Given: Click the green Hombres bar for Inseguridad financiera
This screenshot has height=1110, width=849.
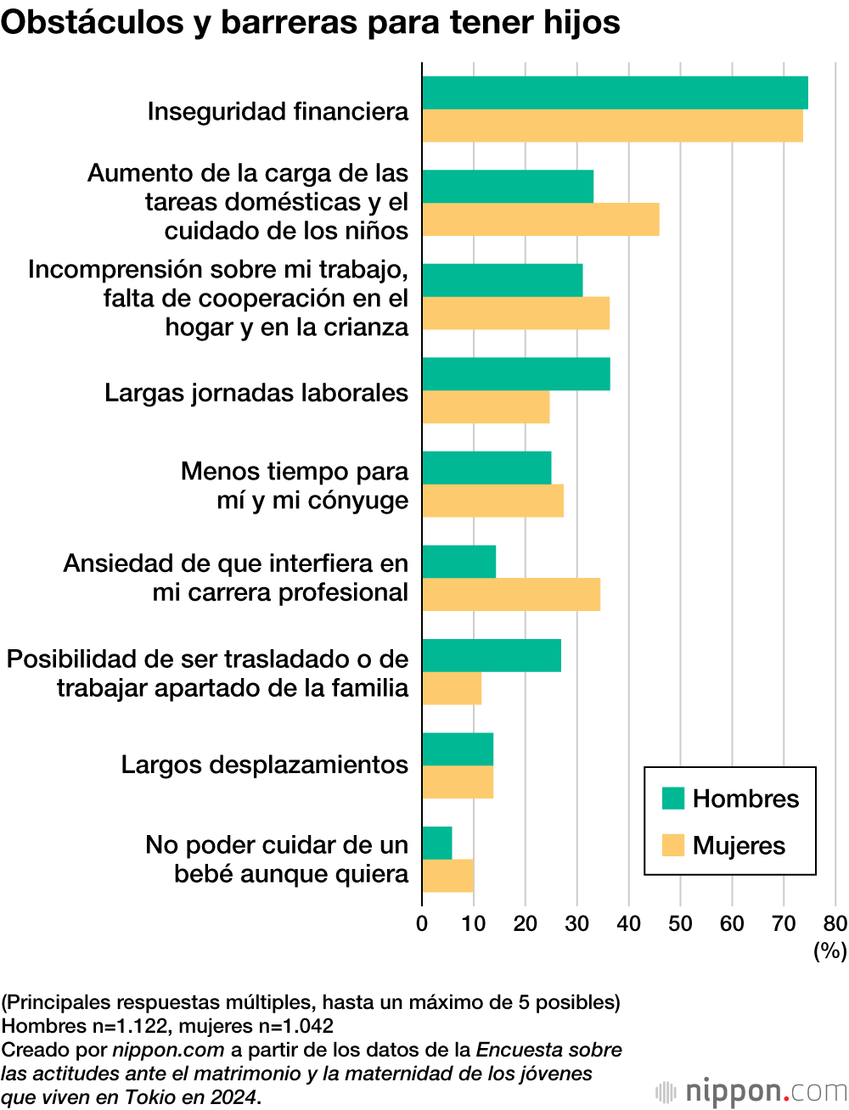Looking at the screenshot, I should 615,92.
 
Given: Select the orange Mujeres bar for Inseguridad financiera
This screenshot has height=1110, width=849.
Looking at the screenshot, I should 612,126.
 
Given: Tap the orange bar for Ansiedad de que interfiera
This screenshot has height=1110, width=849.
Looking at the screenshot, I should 511,594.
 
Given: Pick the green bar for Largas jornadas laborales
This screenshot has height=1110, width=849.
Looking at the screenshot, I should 516,374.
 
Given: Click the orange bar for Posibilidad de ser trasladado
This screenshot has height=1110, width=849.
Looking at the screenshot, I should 452,688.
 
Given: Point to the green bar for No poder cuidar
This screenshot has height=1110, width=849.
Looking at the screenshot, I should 437,843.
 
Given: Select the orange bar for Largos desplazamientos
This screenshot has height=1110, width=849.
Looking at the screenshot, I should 458,782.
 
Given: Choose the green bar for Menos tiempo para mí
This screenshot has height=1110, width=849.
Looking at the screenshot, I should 486,468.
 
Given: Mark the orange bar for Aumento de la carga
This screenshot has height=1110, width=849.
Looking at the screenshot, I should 541,220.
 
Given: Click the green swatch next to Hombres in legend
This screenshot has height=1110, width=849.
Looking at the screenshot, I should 673,799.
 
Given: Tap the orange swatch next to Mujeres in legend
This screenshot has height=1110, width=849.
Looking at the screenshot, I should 673,845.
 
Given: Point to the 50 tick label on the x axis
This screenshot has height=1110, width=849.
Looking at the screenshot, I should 680,924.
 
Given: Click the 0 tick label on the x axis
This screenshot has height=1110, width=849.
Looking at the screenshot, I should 422,924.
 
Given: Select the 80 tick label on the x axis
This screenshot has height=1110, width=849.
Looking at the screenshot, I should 835,924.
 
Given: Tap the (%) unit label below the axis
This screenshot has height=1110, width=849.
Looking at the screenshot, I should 830,950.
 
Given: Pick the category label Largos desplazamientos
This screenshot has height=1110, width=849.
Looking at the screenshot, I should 265,765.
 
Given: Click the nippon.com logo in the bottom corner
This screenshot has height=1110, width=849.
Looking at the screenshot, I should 751,1091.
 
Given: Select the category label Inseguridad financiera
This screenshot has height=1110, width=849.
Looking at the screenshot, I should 278,111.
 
